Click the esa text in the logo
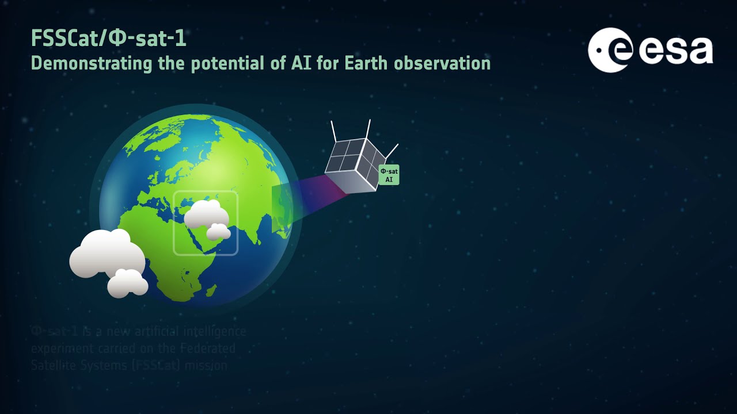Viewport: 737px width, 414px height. [675, 51]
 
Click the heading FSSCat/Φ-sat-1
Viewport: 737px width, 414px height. [108, 39]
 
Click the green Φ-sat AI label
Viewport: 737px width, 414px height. [389, 175]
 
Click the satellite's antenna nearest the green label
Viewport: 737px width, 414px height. [392, 151]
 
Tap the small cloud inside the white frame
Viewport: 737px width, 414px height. [219, 232]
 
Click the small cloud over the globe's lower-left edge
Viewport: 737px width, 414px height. [127, 283]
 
